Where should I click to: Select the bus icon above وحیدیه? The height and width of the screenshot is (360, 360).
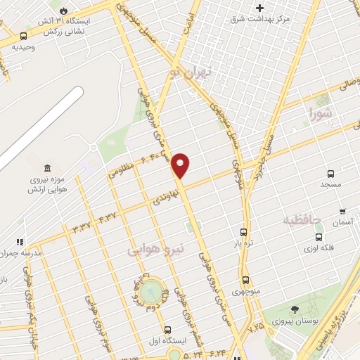pyautogui.click(x=25, y=36)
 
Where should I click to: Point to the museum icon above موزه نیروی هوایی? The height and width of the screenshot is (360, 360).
pyautogui.click(x=47, y=168)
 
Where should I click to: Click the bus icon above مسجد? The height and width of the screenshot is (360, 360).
pyautogui.click(x=330, y=173)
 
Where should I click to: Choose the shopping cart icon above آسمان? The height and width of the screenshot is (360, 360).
pyautogui.click(x=342, y=211)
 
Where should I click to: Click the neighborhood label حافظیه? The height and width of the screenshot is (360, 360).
pyautogui.click(x=302, y=221)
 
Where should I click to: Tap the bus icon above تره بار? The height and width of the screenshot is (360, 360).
pyautogui.click(x=244, y=232)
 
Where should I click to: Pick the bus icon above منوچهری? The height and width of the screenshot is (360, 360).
pyautogui.click(x=245, y=279)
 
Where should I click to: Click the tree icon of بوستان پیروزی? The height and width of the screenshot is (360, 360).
pyautogui.click(x=295, y=310)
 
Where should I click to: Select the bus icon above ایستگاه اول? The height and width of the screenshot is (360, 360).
pyautogui.click(x=167, y=330)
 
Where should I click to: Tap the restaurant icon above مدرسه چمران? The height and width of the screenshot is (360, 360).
pyautogui.click(x=20, y=242)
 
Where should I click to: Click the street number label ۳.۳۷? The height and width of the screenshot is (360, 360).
pyautogui.click(x=82, y=226)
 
